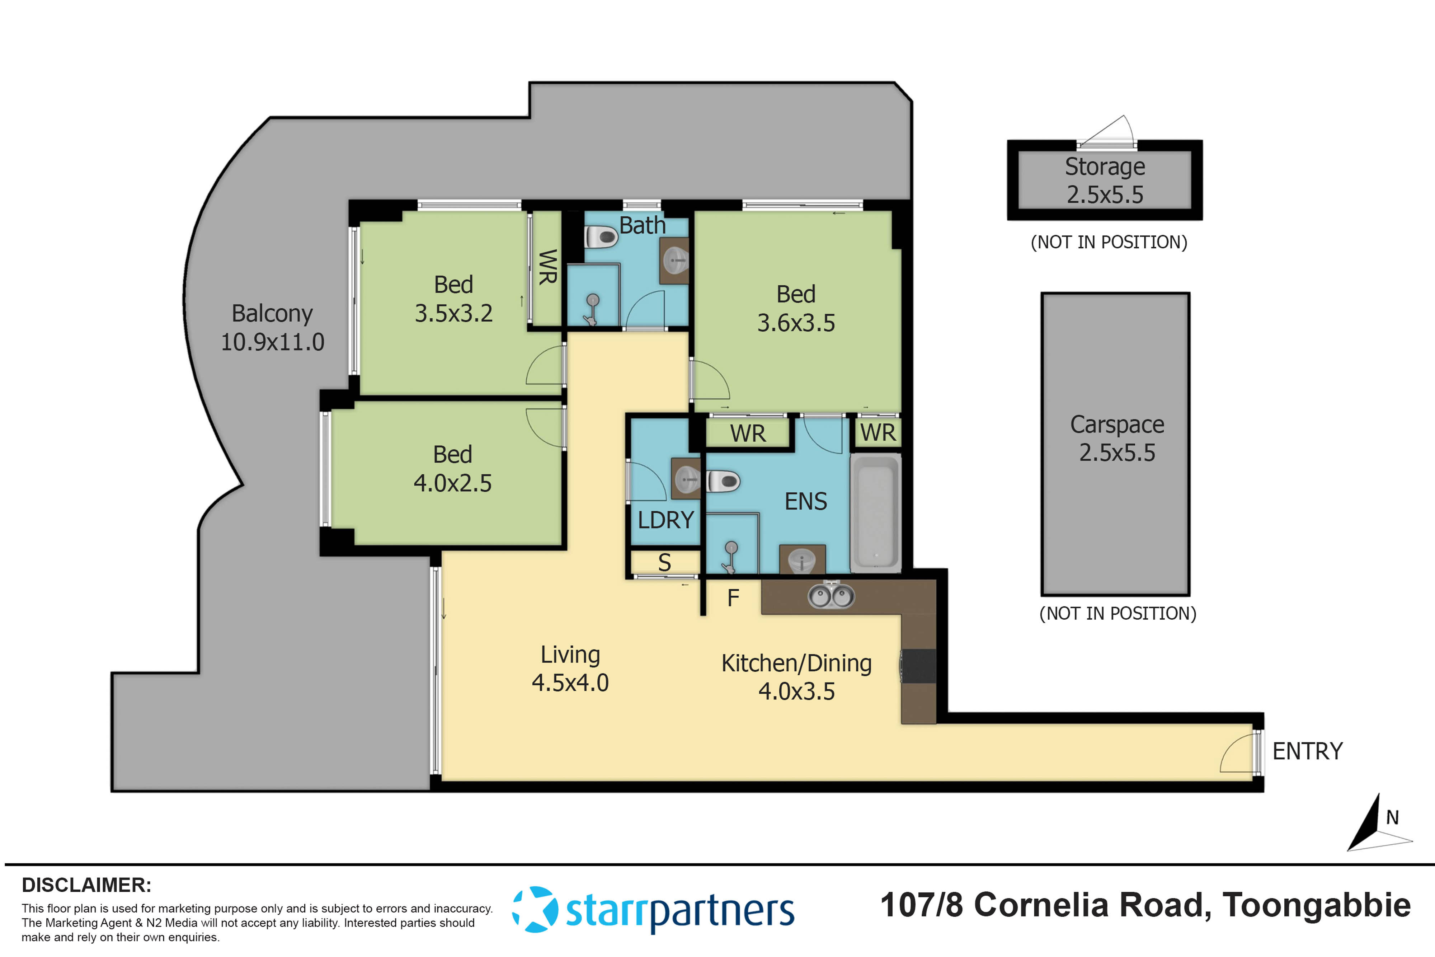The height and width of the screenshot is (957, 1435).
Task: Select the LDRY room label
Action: (x=665, y=520)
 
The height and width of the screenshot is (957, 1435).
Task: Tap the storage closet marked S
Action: (x=664, y=563)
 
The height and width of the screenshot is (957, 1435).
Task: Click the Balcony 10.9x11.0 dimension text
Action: (x=272, y=342)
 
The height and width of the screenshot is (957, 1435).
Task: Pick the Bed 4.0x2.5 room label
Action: (x=452, y=469)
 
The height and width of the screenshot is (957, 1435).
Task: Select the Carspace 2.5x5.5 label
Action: (x=1116, y=438)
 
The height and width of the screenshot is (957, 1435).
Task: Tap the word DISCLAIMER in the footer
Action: (x=86, y=885)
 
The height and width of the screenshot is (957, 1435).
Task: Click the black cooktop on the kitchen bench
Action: (x=919, y=666)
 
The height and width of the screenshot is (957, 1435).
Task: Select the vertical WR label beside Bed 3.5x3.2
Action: (x=547, y=267)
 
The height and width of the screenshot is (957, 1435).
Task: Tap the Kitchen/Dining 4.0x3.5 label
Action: (x=796, y=677)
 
